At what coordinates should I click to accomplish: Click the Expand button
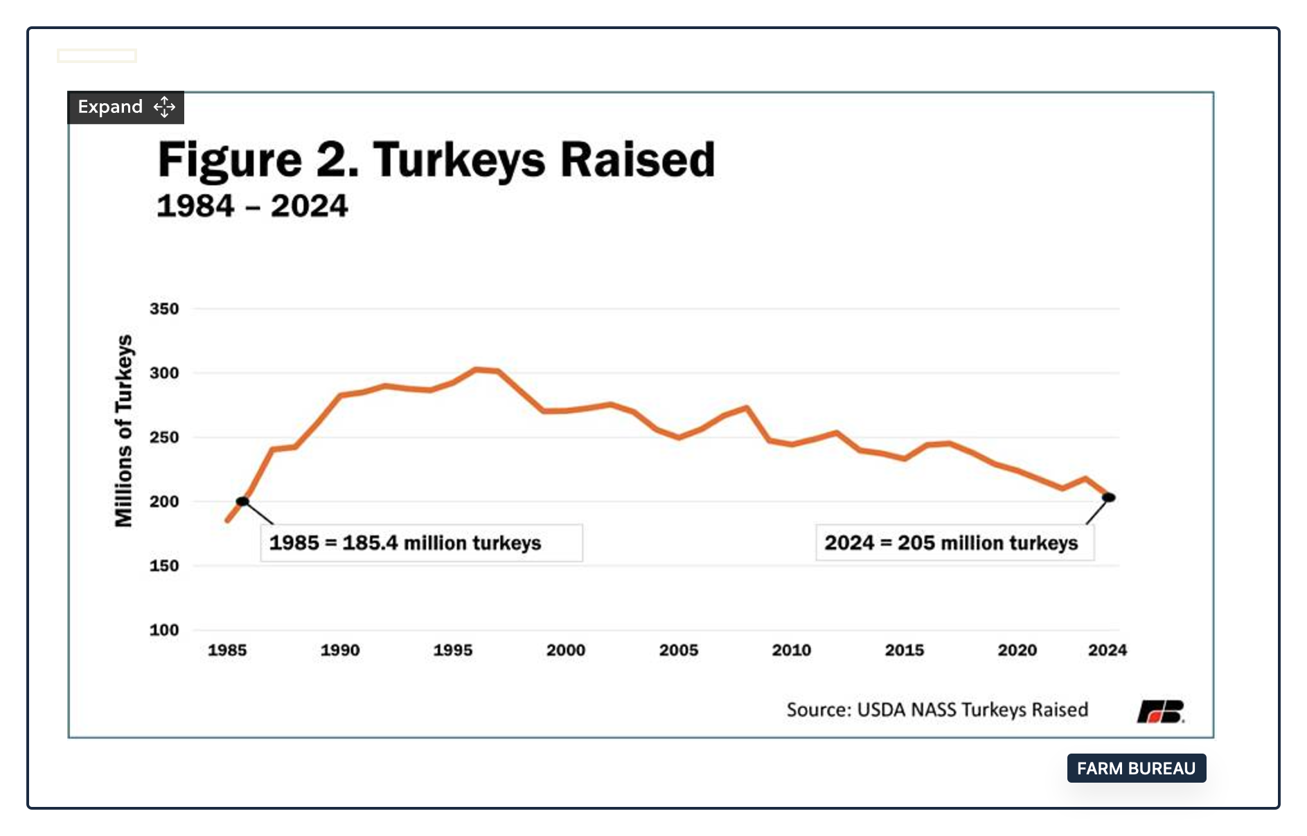click(x=125, y=107)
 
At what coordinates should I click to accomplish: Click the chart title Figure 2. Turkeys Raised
click(x=436, y=161)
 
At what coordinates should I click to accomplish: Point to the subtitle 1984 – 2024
click(x=252, y=206)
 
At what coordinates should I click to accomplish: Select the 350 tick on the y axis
click(x=164, y=309)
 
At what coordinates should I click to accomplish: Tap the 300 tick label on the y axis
click(x=164, y=373)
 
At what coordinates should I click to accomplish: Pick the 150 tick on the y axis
click(x=164, y=566)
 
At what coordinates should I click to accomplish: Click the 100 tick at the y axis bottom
click(x=164, y=630)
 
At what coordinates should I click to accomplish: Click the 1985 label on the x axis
click(x=227, y=650)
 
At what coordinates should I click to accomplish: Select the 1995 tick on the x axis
click(x=453, y=650)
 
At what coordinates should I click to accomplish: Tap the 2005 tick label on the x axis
click(x=679, y=650)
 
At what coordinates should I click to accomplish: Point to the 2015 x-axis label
click(x=905, y=650)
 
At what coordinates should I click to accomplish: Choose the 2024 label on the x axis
click(x=1108, y=650)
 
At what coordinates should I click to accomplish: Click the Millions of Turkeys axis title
click(x=123, y=431)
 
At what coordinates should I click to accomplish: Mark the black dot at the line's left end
click(x=242, y=501)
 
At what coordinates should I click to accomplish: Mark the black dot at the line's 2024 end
click(x=1108, y=497)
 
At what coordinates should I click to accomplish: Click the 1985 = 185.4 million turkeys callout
click(x=421, y=543)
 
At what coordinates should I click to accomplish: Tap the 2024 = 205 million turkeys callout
click(x=955, y=543)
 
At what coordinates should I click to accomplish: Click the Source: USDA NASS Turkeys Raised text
click(x=937, y=710)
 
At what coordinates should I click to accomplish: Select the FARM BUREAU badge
click(x=1137, y=768)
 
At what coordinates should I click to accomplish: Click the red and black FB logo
click(x=1161, y=711)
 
